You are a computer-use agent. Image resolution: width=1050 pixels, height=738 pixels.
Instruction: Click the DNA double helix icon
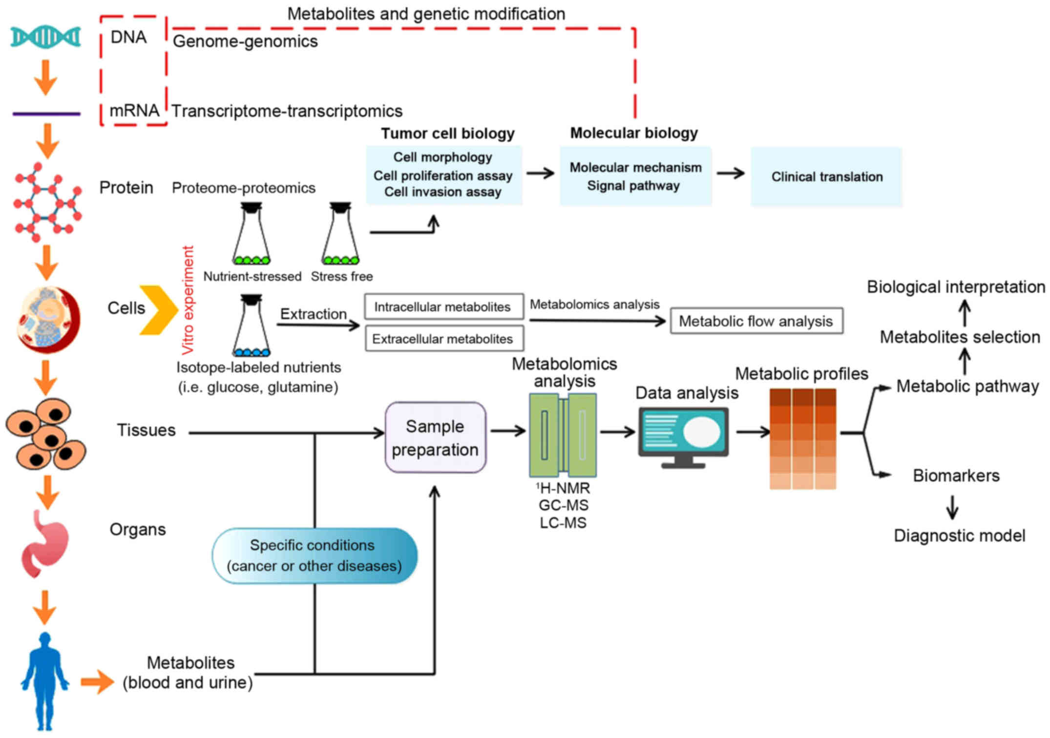click(x=46, y=37)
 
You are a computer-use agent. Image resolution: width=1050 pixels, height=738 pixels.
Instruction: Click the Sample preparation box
click(x=435, y=438)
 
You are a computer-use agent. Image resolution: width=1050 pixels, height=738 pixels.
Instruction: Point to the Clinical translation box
click(x=826, y=176)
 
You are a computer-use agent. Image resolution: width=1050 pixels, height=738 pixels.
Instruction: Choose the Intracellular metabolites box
click(x=443, y=307)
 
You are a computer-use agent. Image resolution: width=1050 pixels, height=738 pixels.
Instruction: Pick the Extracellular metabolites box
click(x=443, y=339)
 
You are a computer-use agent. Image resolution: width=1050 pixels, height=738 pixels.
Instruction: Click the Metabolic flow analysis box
click(x=756, y=321)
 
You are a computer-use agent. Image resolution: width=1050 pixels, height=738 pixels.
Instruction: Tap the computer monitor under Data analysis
click(x=683, y=436)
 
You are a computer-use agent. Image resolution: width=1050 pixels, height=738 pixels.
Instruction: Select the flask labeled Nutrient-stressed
click(x=251, y=235)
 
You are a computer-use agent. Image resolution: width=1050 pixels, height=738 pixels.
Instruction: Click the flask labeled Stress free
click(x=340, y=235)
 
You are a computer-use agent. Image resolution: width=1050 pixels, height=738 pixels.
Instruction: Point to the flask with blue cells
click(x=251, y=326)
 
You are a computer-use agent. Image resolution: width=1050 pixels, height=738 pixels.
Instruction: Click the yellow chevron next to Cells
click(x=159, y=310)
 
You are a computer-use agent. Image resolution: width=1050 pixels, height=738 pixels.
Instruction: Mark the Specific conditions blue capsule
click(x=315, y=556)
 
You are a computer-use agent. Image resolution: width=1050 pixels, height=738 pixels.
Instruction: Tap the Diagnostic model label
click(x=959, y=536)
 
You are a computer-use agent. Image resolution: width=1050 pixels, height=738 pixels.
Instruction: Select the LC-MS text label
click(x=563, y=523)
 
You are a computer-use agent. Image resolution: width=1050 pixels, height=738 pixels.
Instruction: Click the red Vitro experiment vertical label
click(x=188, y=300)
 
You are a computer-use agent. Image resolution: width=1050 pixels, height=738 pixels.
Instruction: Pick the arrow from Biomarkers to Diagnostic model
click(x=952, y=507)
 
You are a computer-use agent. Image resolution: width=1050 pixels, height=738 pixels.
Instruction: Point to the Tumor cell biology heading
click(x=447, y=133)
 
